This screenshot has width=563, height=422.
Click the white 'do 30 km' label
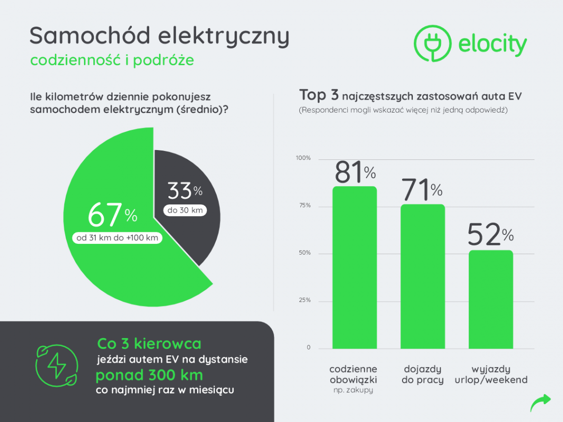(185, 211)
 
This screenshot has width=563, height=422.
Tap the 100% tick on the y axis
(303, 158)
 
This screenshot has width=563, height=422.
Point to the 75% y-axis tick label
(305, 205)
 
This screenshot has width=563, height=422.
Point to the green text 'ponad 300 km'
(149, 375)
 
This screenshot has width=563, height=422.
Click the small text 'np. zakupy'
(353, 390)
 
